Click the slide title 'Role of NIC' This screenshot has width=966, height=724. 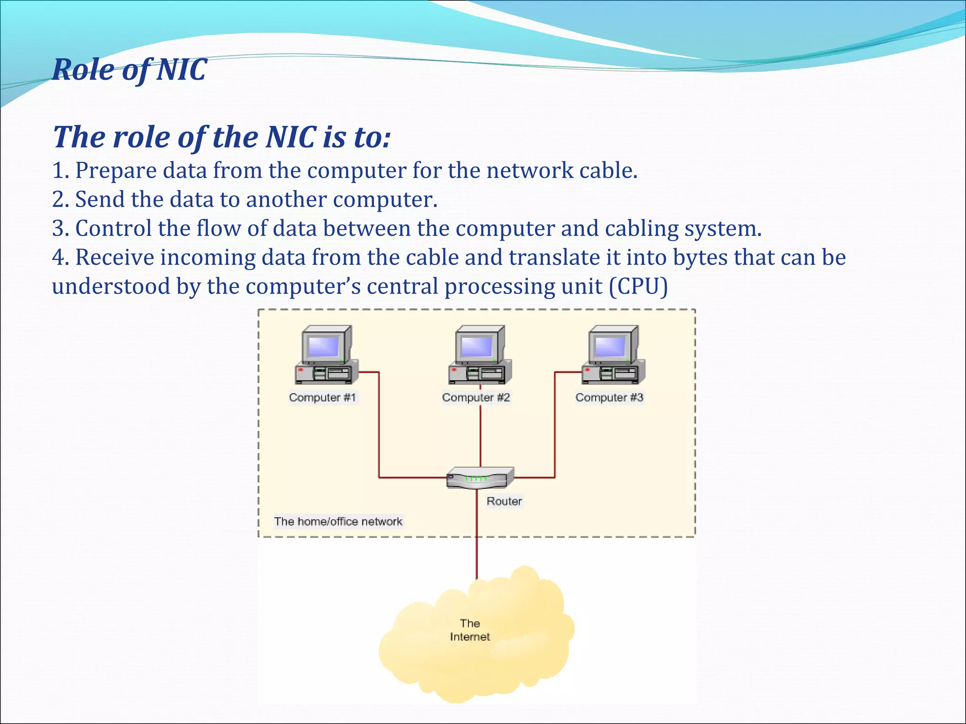(x=129, y=70)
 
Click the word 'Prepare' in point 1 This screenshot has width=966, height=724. (x=117, y=171)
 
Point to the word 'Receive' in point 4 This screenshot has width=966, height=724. (x=115, y=257)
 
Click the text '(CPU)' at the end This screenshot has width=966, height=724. (x=638, y=287)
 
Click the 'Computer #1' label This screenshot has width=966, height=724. (x=322, y=397)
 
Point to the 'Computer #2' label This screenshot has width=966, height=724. (x=476, y=397)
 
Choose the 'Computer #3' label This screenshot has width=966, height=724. (x=609, y=397)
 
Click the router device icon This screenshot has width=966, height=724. (x=480, y=477)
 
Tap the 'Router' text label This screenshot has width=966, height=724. (x=504, y=501)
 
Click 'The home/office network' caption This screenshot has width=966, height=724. (x=338, y=521)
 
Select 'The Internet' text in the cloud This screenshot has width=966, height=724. (x=470, y=630)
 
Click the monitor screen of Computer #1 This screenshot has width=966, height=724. (x=324, y=347)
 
